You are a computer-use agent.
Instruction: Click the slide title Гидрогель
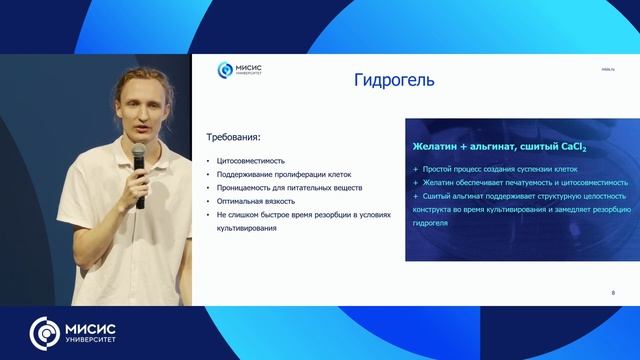coord(394,80)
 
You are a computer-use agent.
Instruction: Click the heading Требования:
coord(233,137)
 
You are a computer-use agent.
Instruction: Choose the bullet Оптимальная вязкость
coord(254,202)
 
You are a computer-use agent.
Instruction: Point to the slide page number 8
coord(612,292)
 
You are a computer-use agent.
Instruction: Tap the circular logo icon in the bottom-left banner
coord(44,332)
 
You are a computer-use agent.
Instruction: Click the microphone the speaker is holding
coord(139,160)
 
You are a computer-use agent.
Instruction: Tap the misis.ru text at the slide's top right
coord(608,69)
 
